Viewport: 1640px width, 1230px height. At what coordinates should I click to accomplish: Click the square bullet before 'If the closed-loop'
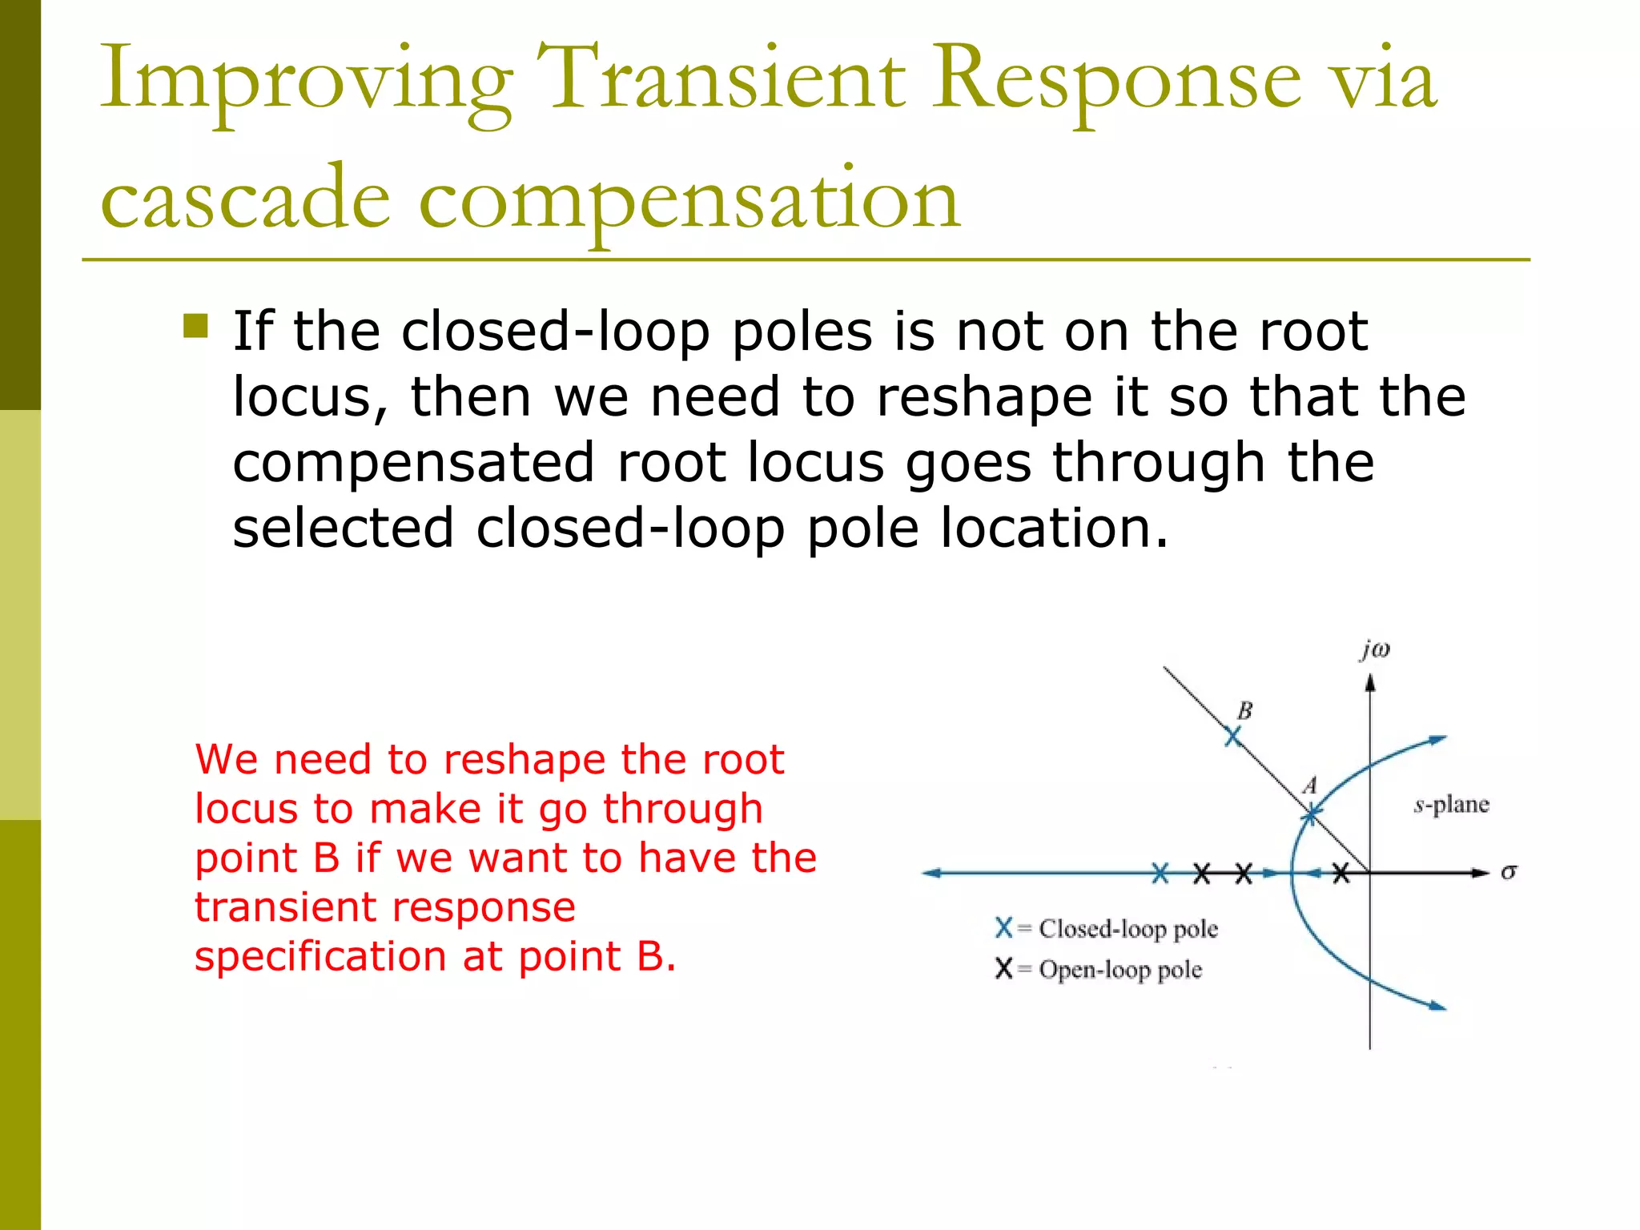(x=195, y=326)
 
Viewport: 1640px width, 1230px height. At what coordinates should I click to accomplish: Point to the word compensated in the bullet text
(x=413, y=464)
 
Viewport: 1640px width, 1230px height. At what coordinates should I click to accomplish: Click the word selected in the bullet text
(x=343, y=529)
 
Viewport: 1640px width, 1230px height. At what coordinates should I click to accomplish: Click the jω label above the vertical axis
(x=1374, y=649)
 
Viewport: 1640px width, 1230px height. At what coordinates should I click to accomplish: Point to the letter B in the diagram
(x=1244, y=710)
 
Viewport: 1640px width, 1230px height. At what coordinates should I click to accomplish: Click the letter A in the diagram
(x=1310, y=785)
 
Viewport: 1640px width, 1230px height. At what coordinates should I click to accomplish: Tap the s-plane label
(x=1451, y=804)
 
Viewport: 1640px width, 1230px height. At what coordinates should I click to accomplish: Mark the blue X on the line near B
(x=1233, y=736)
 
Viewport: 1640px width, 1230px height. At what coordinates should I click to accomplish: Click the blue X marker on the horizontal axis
(x=1160, y=874)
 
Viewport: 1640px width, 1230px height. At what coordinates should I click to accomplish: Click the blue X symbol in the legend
(x=1003, y=928)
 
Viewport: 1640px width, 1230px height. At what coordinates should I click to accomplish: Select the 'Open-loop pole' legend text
(x=1120, y=970)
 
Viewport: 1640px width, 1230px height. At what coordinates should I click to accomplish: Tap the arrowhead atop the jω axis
(x=1370, y=683)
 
